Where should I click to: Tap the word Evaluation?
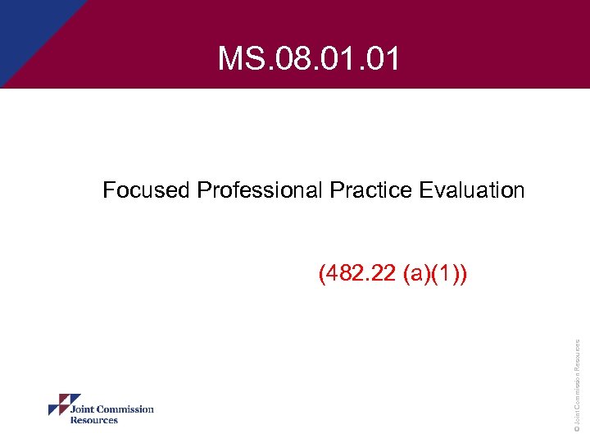click(x=471, y=190)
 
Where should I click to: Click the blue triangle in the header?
click(x=33, y=33)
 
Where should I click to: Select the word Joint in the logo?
click(x=83, y=409)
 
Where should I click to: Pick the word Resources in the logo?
click(x=93, y=420)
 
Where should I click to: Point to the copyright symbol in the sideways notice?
click(x=577, y=427)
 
